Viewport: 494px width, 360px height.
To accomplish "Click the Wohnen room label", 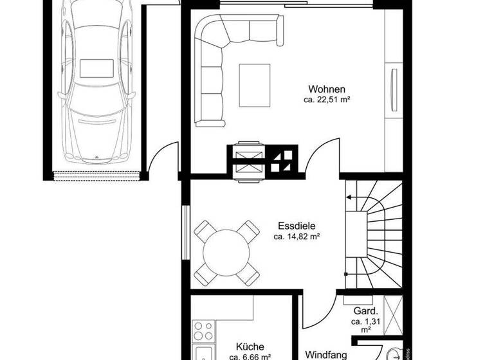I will click(327, 89).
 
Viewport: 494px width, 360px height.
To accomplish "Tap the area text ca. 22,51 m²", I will click(327, 100).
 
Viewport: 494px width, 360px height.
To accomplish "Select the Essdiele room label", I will click(297, 226).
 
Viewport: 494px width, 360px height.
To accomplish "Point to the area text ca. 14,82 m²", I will click(297, 237).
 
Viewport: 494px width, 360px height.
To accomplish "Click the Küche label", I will click(250, 347).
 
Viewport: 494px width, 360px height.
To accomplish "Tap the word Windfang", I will click(326, 354).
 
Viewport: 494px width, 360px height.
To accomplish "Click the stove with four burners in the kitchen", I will click(203, 329).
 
